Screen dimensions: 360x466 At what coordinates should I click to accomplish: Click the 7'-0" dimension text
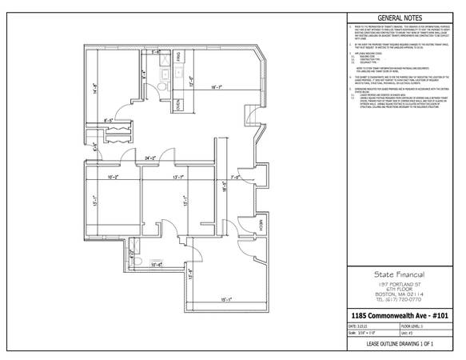236,177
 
